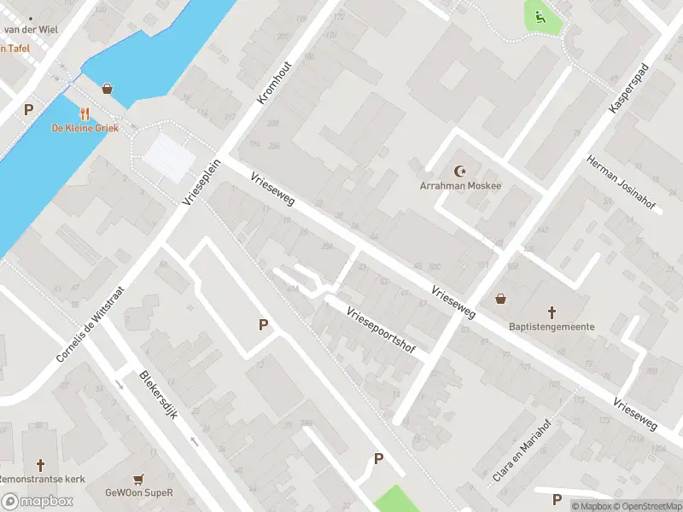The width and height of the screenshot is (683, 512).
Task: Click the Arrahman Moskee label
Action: pyautogui.click(x=460, y=185)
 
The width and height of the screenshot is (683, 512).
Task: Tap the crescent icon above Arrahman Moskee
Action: pyautogui.click(x=462, y=171)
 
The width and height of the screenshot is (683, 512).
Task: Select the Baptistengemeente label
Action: pyautogui.click(x=552, y=326)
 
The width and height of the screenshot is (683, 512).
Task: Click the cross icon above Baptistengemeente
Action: pyautogui.click(x=552, y=312)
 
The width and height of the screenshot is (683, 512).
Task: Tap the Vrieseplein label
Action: pyautogui.click(x=202, y=181)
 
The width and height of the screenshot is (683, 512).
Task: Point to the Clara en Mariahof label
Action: pyautogui.click(x=522, y=451)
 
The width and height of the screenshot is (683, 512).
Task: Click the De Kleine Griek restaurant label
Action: pyautogui.click(x=85, y=128)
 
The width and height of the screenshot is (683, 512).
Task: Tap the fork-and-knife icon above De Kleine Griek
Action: pyautogui.click(x=85, y=113)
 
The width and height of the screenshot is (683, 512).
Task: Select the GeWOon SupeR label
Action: pyautogui.click(x=139, y=492)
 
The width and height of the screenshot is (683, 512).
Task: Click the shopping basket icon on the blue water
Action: pyautogui.click(x=107, y=88)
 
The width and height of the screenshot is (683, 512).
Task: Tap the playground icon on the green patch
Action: pyautogui.click(x=539, y=15)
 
